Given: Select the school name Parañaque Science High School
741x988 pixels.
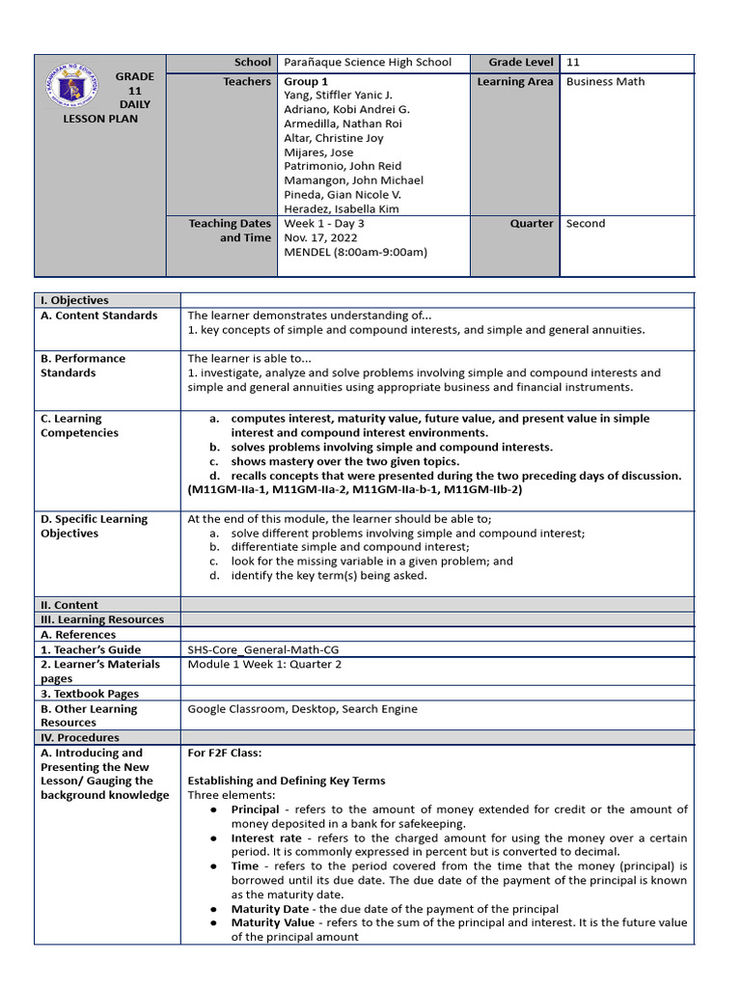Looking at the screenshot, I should point(368,63).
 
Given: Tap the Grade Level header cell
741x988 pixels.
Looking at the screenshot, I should point(520,63).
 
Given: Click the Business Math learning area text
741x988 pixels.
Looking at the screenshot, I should point(605,82).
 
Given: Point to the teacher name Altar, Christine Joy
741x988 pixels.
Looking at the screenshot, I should point(333,138).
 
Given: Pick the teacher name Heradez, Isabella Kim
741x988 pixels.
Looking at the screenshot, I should point(341,208).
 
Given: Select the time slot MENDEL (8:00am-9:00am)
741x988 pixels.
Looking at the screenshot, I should point(355,252).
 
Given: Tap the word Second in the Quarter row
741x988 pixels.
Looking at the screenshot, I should point(586,223).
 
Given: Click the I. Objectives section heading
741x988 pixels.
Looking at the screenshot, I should point(74,301).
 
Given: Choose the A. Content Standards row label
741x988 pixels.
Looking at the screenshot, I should point(98,316).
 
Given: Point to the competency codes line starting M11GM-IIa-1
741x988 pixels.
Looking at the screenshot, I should point(354,490).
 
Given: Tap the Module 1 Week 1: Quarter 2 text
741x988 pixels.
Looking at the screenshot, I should point(264,665).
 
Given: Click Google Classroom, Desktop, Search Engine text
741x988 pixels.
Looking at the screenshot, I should point(302,709).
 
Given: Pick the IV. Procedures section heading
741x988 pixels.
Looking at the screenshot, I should point(78,737).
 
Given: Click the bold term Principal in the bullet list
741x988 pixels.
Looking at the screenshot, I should point(255,810).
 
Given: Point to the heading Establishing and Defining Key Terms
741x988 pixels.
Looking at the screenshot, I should point(286,781).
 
